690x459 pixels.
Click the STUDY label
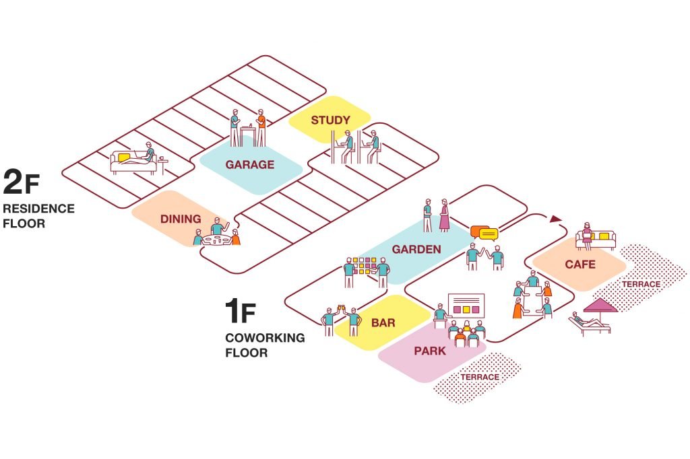(330, 120)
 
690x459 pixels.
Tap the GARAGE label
(250, 164)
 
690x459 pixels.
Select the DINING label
(181, 219)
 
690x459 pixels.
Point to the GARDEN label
(416, 249)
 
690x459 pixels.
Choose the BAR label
(383, 322)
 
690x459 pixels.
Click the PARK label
(430, 351)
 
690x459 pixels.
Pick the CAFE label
(580, 264)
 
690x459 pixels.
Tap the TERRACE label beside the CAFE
(641, 285)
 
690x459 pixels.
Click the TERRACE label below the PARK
(480, 377)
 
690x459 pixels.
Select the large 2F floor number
(21, 182)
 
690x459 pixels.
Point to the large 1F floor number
(241, 311)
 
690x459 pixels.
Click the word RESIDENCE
(38, 209)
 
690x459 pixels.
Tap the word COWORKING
(265, 338)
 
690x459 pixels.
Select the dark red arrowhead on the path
(556, 219)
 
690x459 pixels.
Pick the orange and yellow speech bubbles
(484, 233)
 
